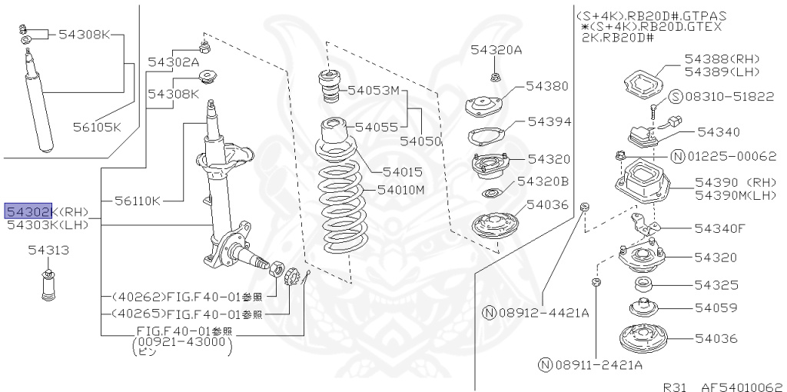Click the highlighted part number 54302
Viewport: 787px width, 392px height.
(x=29, y=211)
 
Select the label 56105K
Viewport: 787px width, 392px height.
(x=97, y=127)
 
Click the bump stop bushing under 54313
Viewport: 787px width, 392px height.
(x=49, y=287)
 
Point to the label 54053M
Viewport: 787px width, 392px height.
(x=374, y=90)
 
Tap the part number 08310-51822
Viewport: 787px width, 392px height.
(x=719, y=96)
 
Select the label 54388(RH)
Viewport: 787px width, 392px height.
(x=721, y=59)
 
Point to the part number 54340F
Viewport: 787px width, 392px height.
(x=720, y=228)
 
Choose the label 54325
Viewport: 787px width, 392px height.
(x=716, y=284)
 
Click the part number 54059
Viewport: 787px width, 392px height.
(x=716, y=307)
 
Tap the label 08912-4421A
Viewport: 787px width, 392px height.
(x=543, y=313)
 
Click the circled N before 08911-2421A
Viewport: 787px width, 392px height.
(x=545, y=364)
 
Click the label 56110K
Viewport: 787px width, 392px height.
(x=138, y=201)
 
